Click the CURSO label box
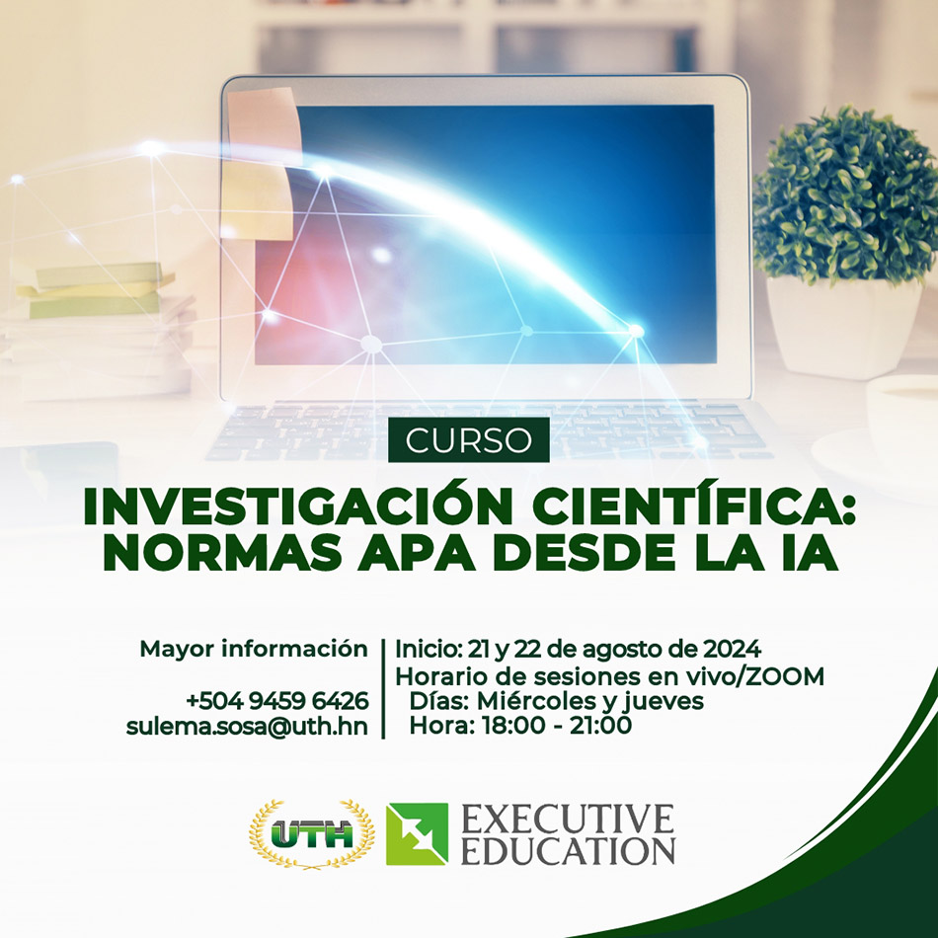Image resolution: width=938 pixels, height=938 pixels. tap(468, 439)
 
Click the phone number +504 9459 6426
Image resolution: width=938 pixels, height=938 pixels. tap(277, 700)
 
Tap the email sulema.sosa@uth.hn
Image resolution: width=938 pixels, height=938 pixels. tap(247, 727)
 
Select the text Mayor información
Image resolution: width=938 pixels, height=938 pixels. tap(254, 649)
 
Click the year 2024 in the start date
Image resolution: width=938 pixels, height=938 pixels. tap(732, 649)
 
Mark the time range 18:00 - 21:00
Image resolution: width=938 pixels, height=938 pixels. tap(557, 726)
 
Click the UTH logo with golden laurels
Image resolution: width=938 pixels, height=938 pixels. tap(312, 834)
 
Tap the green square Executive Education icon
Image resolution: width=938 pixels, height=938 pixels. tap(417, 834)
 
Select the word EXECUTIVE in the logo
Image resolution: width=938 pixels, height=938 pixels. tap(568, 820)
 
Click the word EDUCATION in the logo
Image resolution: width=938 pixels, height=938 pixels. tap(568, 850)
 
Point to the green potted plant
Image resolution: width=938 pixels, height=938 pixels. tap(845, 239)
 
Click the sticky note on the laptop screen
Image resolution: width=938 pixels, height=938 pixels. tap(261, 162)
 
